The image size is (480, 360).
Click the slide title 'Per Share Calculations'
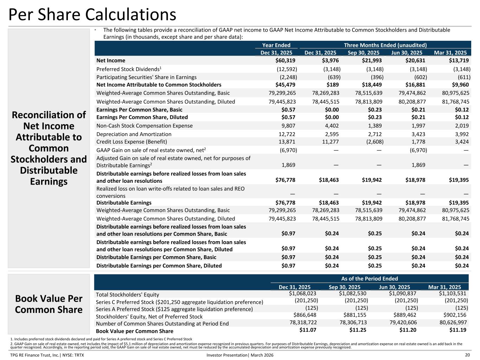pos(92,15)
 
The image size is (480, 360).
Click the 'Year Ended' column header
pos(276,45)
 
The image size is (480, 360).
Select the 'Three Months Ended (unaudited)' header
pos(385,45)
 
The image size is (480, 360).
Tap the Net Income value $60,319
pos(285,60)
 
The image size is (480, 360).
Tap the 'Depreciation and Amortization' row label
pos(134,134)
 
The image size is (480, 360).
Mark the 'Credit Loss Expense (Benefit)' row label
pos(132,142)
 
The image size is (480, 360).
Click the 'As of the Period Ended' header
pos(370,278)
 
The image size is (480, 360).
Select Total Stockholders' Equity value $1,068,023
pos(302,293)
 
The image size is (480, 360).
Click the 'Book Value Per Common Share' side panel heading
pos(49,304)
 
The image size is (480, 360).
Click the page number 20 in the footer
pos(467,355)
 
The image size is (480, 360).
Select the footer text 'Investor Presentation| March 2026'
pos(240,355)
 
